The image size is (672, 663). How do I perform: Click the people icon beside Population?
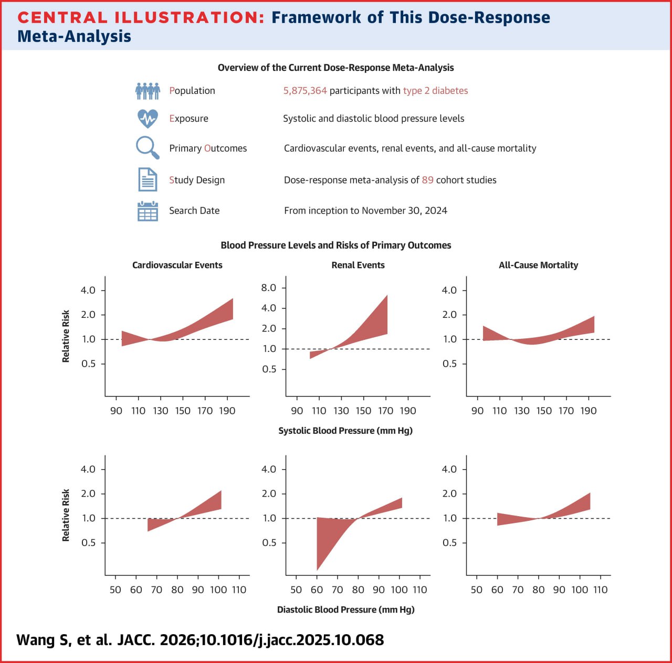(148, 91)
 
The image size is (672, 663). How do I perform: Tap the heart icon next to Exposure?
(148, 119)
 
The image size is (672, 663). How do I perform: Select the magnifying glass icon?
(147, 147)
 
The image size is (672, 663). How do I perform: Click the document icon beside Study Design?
(148, 179)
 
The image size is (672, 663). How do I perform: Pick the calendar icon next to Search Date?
(148, 211)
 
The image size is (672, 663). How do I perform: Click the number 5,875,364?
(305, 91)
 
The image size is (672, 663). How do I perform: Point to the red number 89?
(427, 180)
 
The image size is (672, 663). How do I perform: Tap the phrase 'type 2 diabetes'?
(435, 91)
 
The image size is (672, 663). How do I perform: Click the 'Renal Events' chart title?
(358, 265)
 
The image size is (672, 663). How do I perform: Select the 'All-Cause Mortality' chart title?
(538, 265)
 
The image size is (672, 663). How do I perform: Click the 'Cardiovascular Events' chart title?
(177, 265)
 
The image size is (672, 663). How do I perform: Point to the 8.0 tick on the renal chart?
(269, 287)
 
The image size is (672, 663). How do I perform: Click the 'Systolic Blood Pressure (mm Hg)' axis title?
(345, 431)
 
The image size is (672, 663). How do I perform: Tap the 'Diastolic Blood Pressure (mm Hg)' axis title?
(345, 609)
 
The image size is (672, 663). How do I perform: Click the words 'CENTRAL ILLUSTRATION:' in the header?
(141, 17)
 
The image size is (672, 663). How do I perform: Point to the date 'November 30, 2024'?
(404, 211)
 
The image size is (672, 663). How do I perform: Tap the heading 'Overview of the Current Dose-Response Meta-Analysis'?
(335, 68)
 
